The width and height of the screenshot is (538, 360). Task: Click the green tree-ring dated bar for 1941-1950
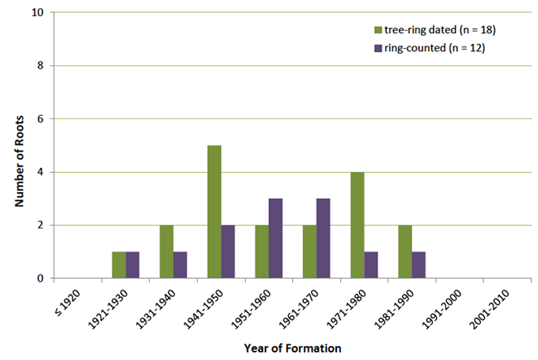point(214,212)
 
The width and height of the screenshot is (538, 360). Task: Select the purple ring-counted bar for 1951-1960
point(276,238)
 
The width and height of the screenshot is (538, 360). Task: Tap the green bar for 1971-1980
point(358,225)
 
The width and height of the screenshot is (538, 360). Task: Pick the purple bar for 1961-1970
point(324,238)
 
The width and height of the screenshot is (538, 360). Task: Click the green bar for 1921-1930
point(119,265)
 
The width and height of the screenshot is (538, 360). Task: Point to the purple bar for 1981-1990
point(419,265)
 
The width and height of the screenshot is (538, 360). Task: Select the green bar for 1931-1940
point(167,252)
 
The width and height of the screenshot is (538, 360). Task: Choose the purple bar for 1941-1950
point(228,252)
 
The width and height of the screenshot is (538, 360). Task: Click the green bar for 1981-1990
point(405,252)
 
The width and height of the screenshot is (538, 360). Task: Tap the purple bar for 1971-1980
point(372,265)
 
